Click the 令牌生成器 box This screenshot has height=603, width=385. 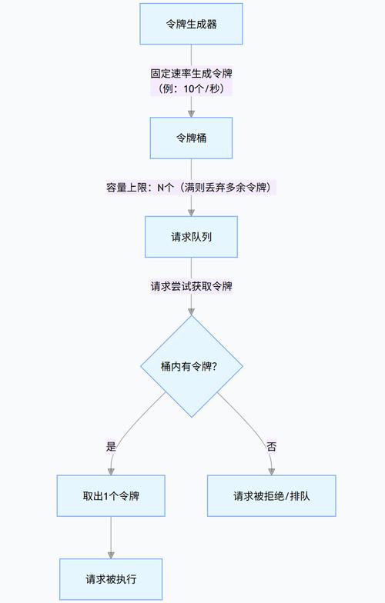[x=191, y=23]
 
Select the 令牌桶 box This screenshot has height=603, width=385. [x=191, y=138]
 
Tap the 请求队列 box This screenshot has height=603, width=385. [x=191, y=236]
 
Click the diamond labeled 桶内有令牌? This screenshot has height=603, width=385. [x=191, y=366]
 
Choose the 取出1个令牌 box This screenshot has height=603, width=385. [x=111, y=495]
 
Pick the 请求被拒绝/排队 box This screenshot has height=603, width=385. [x=271, y=495]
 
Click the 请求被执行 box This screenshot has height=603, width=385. [x=111, y=578]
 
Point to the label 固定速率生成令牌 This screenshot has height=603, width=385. [x=191, y=74]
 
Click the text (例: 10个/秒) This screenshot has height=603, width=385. [x=191, y=88]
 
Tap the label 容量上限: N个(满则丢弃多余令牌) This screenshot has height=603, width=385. [x=191, y=187]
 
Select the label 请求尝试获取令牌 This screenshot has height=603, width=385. [x=191, y=285]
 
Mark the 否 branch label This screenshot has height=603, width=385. [x=271, y=446]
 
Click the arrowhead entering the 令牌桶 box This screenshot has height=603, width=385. [x=191, y=113]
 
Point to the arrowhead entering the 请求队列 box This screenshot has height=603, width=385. [x=191, y=212]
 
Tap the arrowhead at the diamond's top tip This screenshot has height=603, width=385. [x=191, y=310]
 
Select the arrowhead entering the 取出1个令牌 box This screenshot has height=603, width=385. [x=111, y=471]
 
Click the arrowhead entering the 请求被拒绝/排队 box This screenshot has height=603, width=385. [x=271, y=471]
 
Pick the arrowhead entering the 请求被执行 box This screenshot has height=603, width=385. [x=111, y=554]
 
